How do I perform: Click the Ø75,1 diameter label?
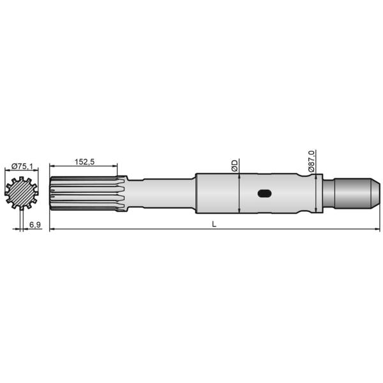(21, 167)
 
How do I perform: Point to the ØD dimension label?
(234, 165)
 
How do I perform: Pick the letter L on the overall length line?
(214, 225)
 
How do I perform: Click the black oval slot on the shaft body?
(264, 193)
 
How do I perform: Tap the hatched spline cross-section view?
(22, 193)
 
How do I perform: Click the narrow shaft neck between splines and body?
(163, 193)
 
